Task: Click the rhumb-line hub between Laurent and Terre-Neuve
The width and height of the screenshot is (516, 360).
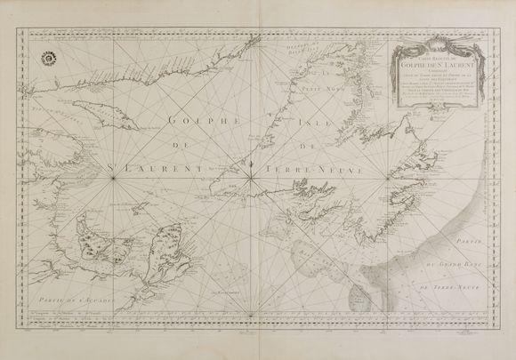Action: pos(253,172)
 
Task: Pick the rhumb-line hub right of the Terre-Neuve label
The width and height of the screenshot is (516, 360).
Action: pos(389,172)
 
